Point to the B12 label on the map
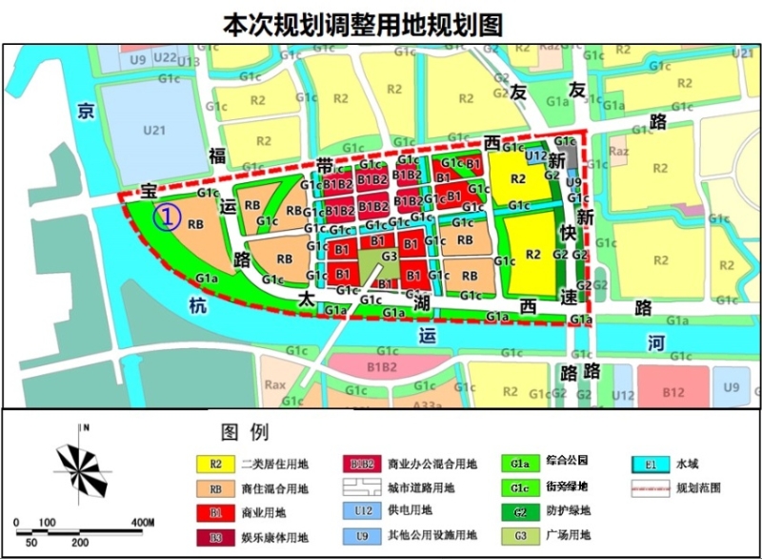pos(673,391)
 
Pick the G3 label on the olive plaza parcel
pos(388,256)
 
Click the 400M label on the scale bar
pos(142,523)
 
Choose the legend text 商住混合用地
pos(275,488)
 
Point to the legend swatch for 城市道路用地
pos(360,488)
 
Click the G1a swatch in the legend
pos(520,464)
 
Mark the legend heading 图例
pos(246,432)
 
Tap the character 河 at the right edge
pos(653,341)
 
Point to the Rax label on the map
pos(275,386)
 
